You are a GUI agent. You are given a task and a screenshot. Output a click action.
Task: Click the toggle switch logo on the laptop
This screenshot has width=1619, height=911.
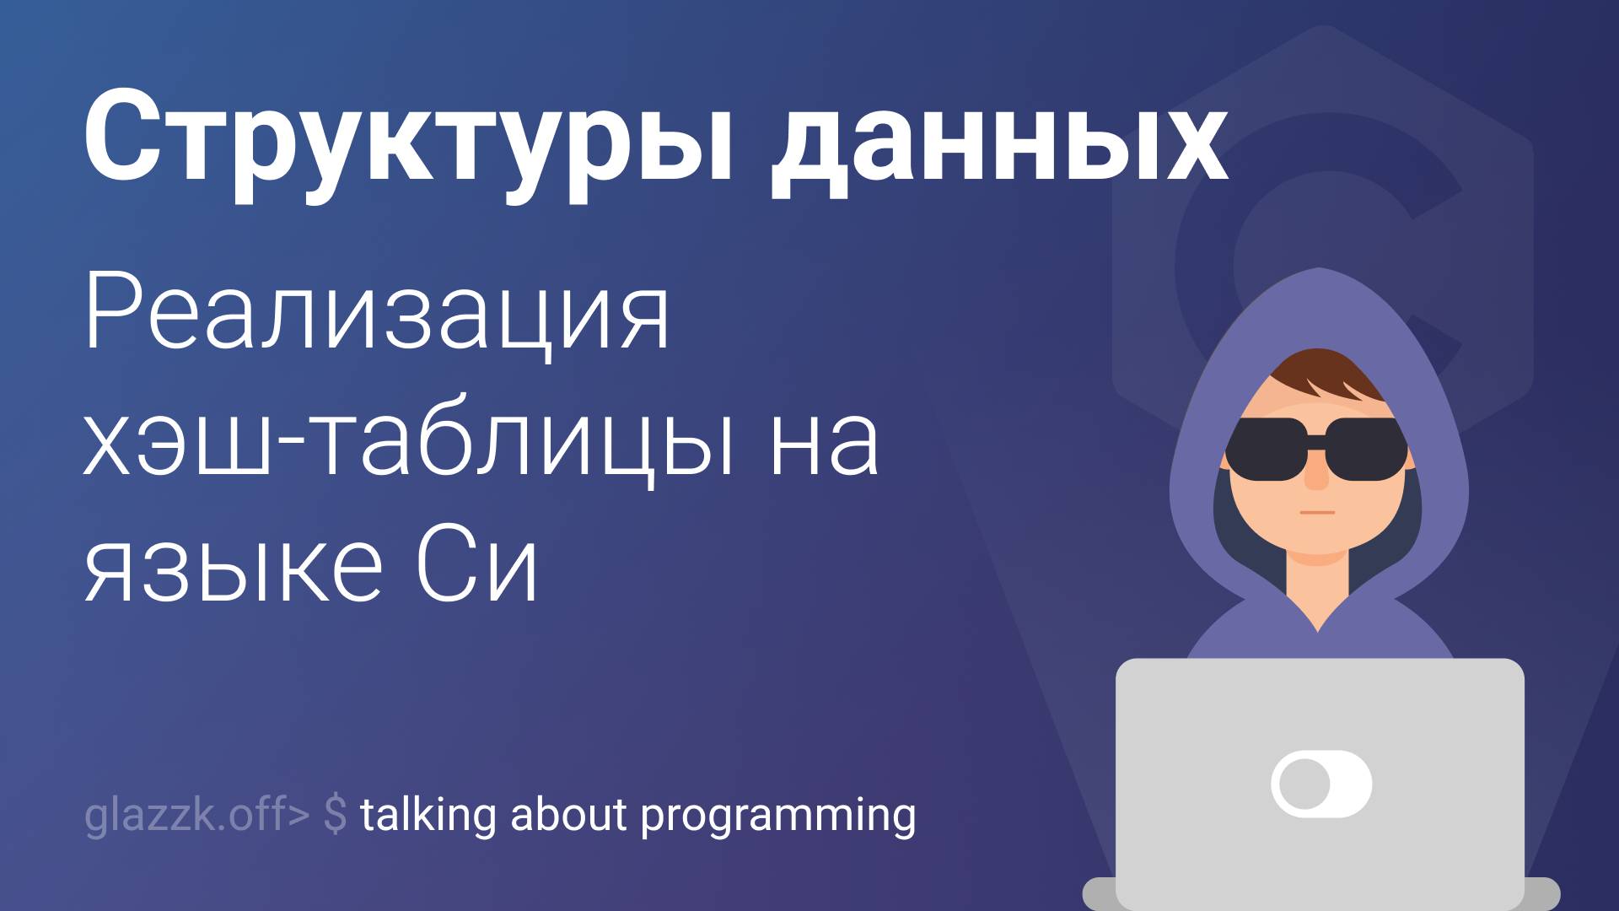[1320, 784]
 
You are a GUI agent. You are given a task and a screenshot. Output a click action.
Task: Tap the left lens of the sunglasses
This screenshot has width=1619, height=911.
[1265, 449]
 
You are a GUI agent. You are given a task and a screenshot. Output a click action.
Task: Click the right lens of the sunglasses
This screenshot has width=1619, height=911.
[1366, 449]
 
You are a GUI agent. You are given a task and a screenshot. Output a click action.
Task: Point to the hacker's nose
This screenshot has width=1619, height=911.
[1316, 477]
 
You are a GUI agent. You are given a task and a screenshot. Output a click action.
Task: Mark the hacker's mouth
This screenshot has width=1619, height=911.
[1316, 512]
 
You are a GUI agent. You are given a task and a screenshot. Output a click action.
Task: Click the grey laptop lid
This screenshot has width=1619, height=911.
[1320, 717]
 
